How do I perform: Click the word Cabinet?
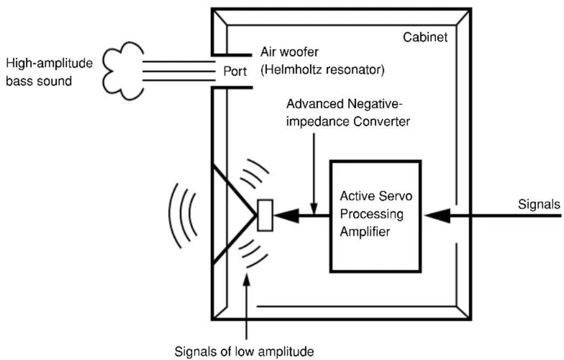(x=425, y=37)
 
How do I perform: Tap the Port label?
(x=235, y=71)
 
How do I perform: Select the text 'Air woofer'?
(x=290, y=52)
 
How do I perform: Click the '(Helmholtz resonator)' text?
(x=322, y=70)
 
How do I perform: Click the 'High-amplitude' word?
(x=49, y=63)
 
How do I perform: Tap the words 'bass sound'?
(x=39, y=81)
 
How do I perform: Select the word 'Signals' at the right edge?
(x=539, y=204)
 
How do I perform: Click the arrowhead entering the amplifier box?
(x=437, y=216)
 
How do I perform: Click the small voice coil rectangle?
(x=265, y=215)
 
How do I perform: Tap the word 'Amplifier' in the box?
(x=364, y=232)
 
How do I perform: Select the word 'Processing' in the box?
(x=372, y=214)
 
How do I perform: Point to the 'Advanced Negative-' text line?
(x=344, y=104)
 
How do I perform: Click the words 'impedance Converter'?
(x=348, y=122)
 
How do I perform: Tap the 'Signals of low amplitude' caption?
(x=244, y=351)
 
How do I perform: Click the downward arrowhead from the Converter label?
(x=314, y=209)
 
